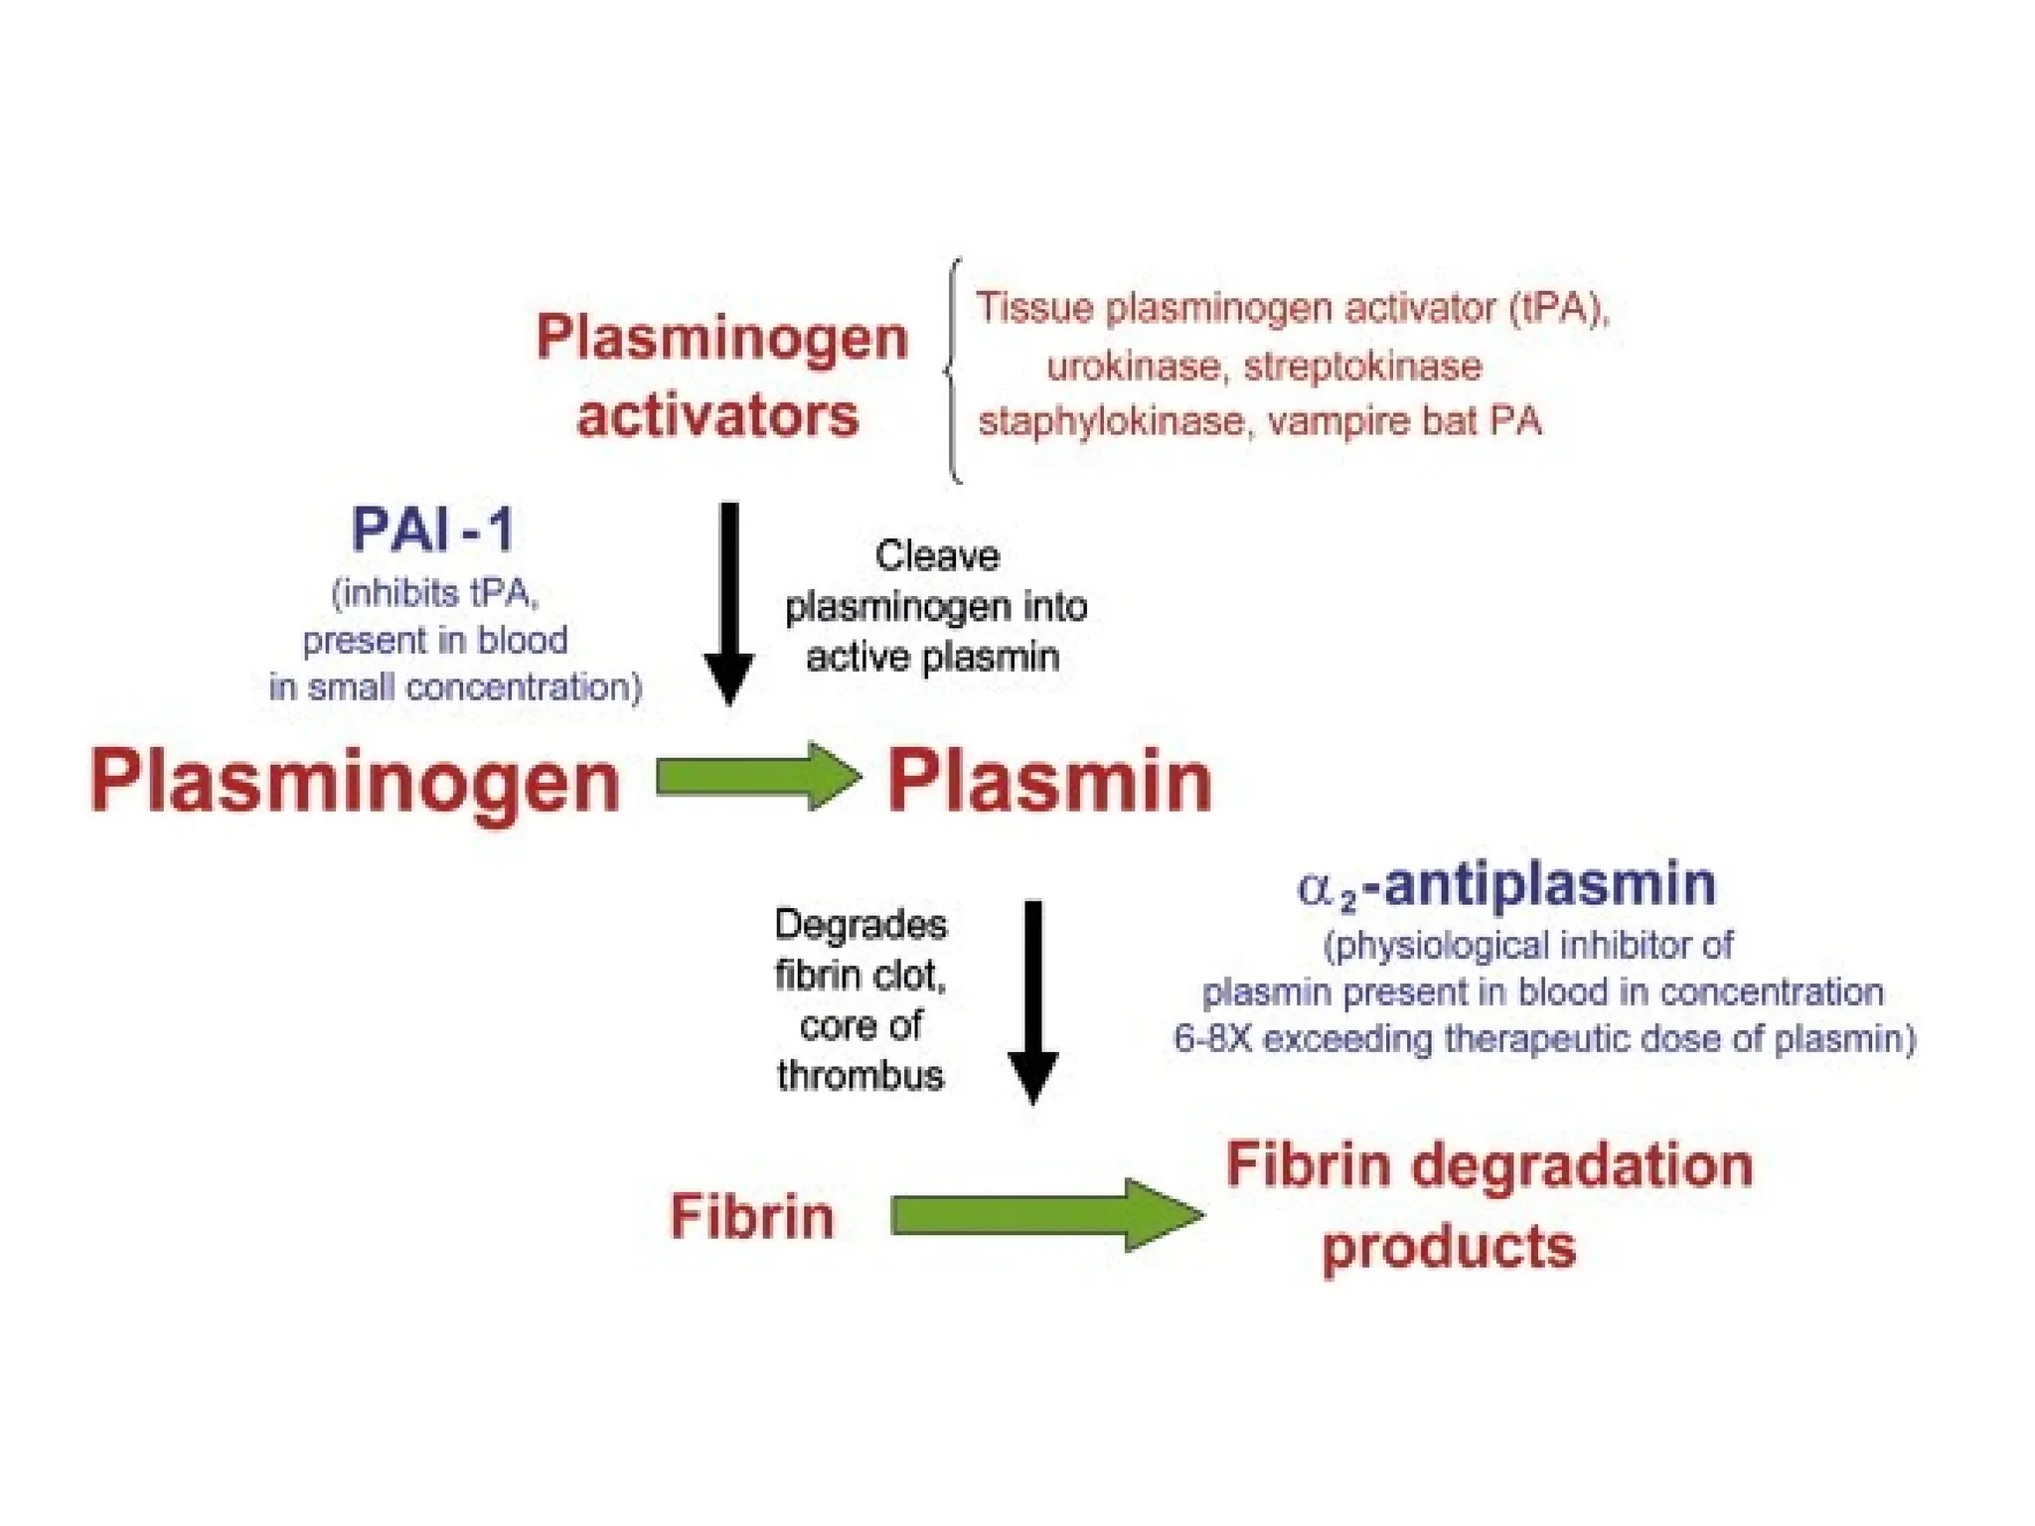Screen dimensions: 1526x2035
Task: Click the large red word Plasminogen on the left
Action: click(x=355, y=783)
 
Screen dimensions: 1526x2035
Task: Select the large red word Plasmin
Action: click(x=1049, y=783)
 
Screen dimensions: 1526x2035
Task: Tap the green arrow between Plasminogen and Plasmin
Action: click(x=758, y=777)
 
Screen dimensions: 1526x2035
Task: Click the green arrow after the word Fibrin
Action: click(x=1045, y=1215)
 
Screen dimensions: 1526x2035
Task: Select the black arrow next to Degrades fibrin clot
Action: click(x=1032, y=1001)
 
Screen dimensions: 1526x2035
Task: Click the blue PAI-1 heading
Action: click(x=432, y=530)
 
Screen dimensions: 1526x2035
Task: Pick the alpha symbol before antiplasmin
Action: click(x=1315, y=887)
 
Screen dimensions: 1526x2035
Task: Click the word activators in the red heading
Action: click(x=717, y=415)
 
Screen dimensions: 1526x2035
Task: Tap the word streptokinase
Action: click(x=1362, y=367)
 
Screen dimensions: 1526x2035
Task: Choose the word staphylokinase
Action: click(x=1110, y=421)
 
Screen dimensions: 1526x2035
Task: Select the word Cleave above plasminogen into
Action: click(x=936, y=556)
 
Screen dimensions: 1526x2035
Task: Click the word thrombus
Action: click(x=860, y=1076)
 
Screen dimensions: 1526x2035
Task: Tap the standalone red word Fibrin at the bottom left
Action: click(x=751, y=1216)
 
